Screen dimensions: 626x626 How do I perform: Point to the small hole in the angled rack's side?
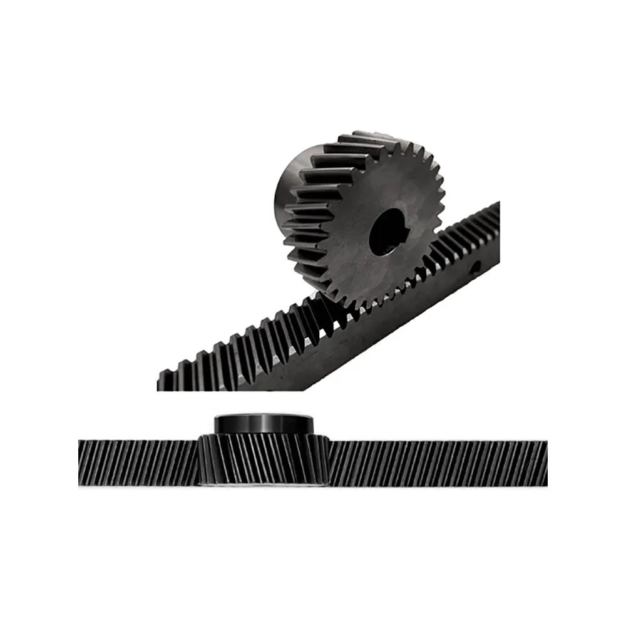tap(476, 267)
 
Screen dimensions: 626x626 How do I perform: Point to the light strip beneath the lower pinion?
tap(263, 484)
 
